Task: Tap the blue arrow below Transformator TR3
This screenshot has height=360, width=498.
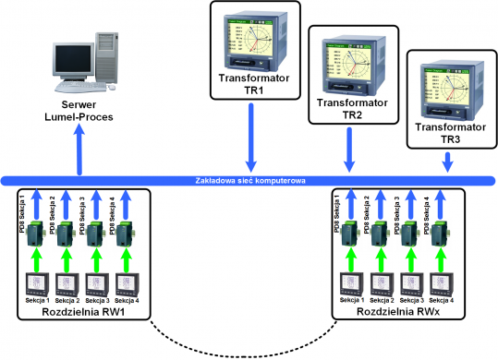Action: pos(449,162)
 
